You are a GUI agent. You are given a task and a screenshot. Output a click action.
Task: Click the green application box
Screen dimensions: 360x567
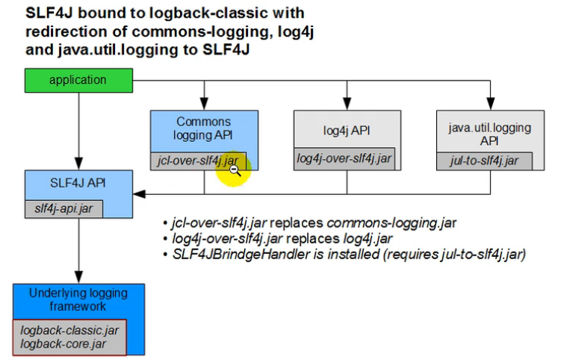point(78,80)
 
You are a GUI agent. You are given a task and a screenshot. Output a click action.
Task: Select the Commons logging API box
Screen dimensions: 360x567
point(203,128)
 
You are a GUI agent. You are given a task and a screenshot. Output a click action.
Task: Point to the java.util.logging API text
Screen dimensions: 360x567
point(489,134)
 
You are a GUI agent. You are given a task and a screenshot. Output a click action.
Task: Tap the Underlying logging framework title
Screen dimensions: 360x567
point(78,300)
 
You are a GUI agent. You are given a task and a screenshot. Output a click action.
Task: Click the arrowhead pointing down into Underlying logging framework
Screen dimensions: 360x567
point(78,278)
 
